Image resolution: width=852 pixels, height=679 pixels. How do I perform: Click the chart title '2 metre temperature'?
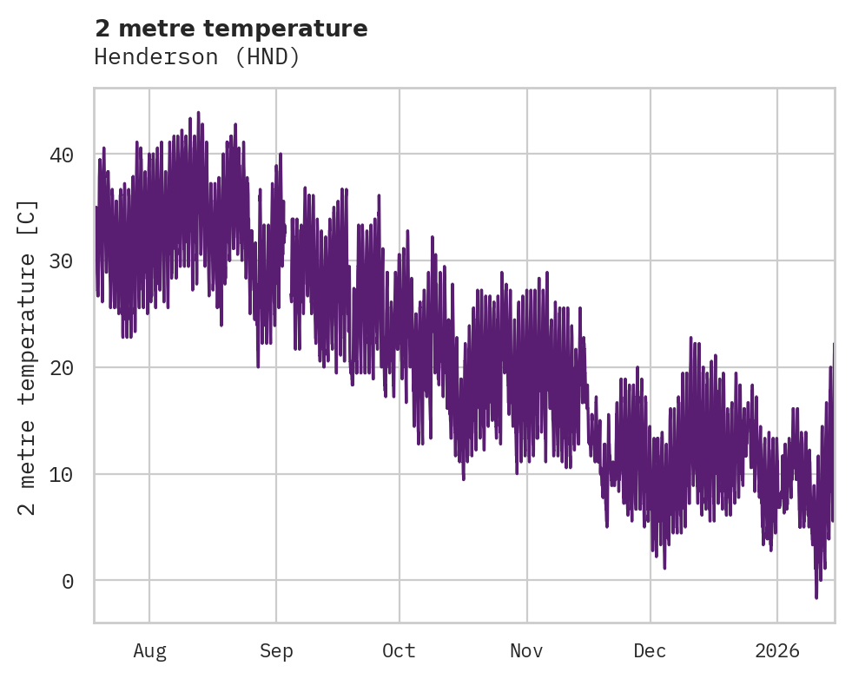(231, 29)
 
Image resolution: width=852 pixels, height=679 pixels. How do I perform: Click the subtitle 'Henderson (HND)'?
(197, 57)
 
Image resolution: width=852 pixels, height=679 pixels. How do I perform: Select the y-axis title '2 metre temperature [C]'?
(28, 357)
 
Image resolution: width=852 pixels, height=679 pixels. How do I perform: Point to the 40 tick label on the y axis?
(61, 155)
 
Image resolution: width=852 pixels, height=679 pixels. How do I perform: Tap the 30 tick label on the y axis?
(61, 260)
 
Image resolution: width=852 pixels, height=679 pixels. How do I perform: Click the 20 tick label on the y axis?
(61, 367)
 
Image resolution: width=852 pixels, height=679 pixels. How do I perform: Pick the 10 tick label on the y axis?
(61, 474)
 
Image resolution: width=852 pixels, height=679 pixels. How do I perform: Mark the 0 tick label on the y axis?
(67, 581)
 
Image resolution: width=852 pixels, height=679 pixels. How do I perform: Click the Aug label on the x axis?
(149, 650)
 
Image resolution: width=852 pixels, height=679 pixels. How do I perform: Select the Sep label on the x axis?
(276, 650)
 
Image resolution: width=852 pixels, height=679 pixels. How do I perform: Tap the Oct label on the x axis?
(400, 650)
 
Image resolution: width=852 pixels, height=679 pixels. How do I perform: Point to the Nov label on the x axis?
(527, 650)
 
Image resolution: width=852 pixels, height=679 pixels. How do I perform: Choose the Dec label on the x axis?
(651, 650)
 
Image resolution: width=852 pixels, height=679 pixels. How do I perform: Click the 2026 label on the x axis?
(777, 650)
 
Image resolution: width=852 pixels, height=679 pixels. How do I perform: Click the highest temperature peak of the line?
(198, 112)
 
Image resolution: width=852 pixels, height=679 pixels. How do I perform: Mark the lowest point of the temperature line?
(816, 597)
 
